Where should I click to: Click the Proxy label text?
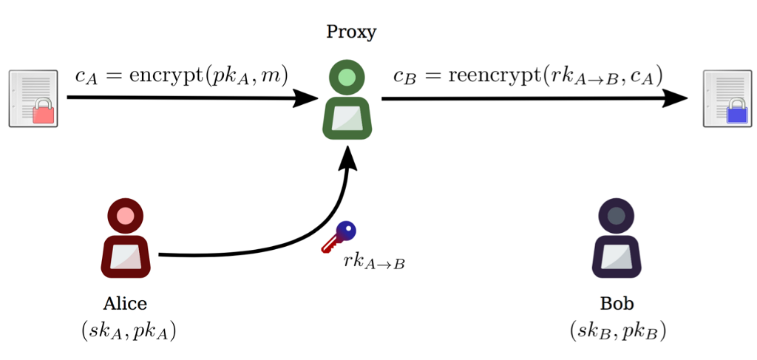[351, 32]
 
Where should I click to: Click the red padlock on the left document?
[44, 112]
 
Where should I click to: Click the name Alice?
[125, 304]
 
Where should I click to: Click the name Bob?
[617, 304]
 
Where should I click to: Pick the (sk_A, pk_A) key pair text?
[129, 331]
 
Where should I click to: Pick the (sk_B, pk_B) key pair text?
[618, 331]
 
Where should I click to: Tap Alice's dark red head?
[125, 216]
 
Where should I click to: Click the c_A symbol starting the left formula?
[86, 76]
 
